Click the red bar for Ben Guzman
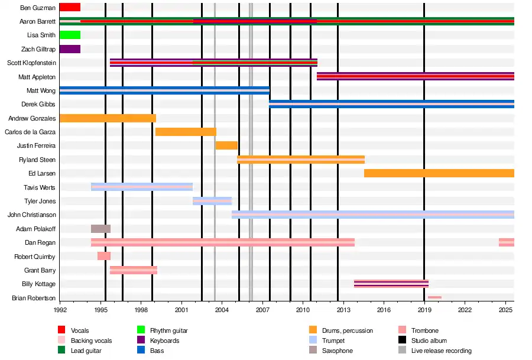tap(70, 8)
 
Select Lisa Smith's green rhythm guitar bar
tap(70, 35)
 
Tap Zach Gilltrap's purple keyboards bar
tap(70, 49)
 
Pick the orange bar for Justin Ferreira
tap(226, 145)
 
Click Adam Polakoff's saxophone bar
tap(100, 229)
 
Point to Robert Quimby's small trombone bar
tap(104, 256)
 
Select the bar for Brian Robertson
tap(434, 297)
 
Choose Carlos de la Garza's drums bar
tap(186, 132)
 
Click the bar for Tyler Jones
tap(212, 201)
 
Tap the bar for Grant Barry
tap(134, 270)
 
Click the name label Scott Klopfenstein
tap(31, 63)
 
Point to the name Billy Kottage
tap(38, 284)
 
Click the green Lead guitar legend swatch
tap(61, 351)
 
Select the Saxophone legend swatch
tap(313, 351)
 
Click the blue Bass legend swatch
tap(141, 351)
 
